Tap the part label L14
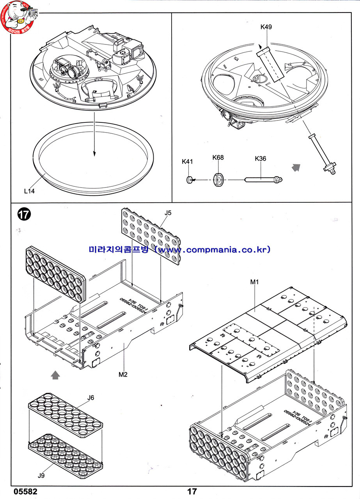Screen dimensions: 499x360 click(x=29, y=191)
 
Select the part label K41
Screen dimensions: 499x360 click(x=187, y=161)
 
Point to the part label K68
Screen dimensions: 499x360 click(x=218, y=157)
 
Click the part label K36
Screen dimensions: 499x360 click(x=260, y=159)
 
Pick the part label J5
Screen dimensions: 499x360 click(x=168, y=212)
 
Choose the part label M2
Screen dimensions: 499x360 click(x=123, y=375)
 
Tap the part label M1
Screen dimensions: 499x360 click(x=255, y=281)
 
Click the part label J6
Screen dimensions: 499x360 click(x=90, y=398)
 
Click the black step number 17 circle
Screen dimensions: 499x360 click(x=24, y=215)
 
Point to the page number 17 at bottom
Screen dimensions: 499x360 click(x=192, y=491)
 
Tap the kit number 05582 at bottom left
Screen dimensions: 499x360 click(x=25, y=491)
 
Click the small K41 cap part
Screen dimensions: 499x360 click(x=189, y=179)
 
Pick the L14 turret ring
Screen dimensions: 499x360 click(x=94, y=154)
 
